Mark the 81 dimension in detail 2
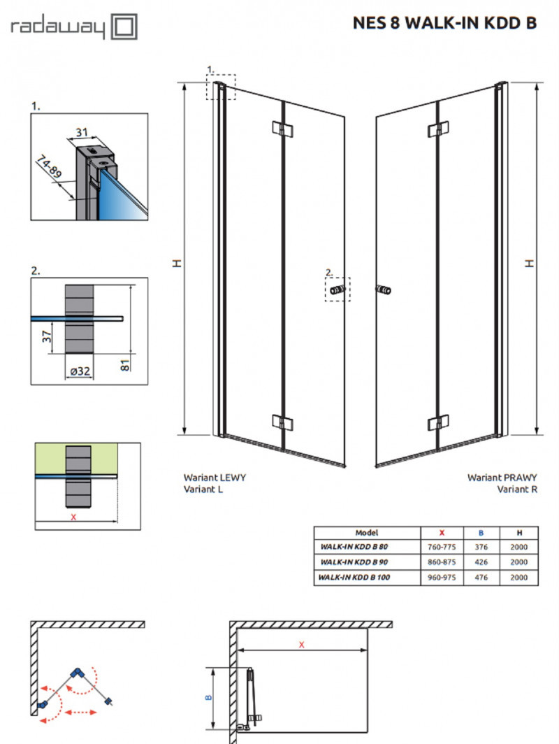click(x=126, y=365)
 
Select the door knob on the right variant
click(x=384, y=289)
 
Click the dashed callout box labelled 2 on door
click(x=337, y=289)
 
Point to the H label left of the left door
click(x=177, y=262)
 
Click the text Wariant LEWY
click(x=215, y=478)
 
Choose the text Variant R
click(x=517, y=489)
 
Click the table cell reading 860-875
click(x=442, y=561)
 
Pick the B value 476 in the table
click(x=481, y=577)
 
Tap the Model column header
click(x=367, y=532)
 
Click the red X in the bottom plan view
click(x=301, y=645)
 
